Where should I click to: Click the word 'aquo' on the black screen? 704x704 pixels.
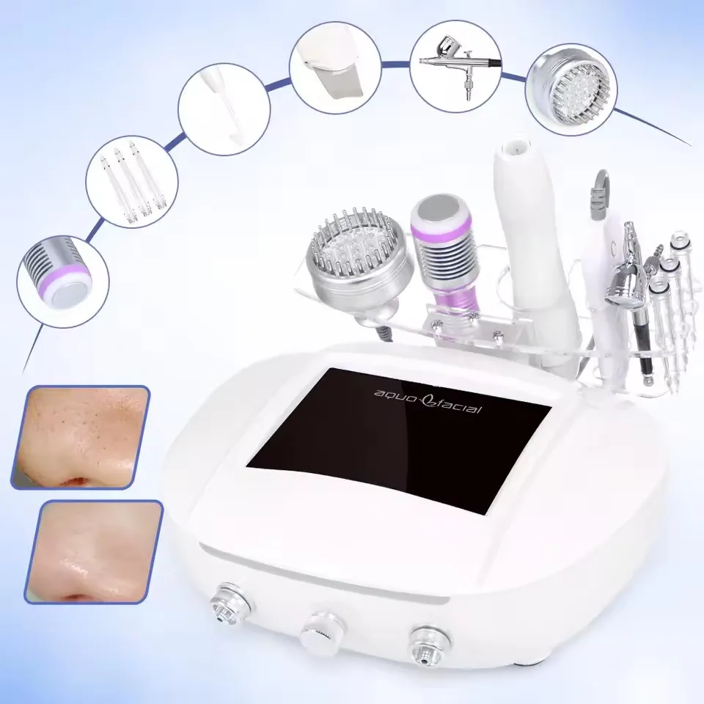[x=391, y=395]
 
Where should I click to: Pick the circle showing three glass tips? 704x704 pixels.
[x=132, y=182]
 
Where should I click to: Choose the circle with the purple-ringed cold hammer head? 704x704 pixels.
[x=63, y=281]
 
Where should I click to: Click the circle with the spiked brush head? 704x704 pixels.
[x=571, y=89]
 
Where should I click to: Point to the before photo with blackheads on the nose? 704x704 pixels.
[x=80, y=437]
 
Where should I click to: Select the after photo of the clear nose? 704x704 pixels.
[x=93, y=551]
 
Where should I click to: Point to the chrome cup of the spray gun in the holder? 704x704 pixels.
[x=625, y=285]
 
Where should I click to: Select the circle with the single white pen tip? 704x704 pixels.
[x=224, y=109]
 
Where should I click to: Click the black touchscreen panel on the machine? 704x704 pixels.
[x=399, y=441]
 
